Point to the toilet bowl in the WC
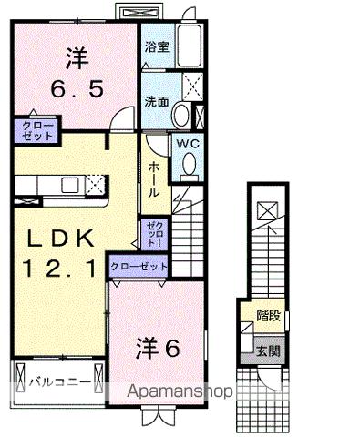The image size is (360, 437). click(x=190, y=163)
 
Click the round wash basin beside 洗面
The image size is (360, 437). click(x=181, y=116)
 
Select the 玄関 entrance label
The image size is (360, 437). click(x=268, y=350)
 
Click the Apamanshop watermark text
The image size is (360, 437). click(x=173, y=391)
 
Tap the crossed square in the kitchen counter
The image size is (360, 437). click(x=95, y=185)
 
